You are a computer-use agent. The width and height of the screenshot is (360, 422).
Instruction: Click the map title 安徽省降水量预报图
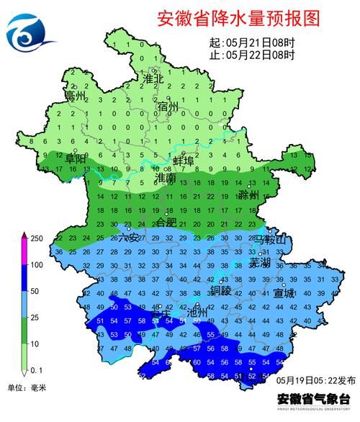coord(238,19)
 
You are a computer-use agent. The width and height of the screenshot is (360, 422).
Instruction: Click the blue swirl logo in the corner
coord(30,31)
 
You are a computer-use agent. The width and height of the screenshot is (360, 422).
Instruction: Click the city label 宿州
coord(168,107)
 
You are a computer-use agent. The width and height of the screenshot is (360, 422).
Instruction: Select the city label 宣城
coord(284,294)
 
